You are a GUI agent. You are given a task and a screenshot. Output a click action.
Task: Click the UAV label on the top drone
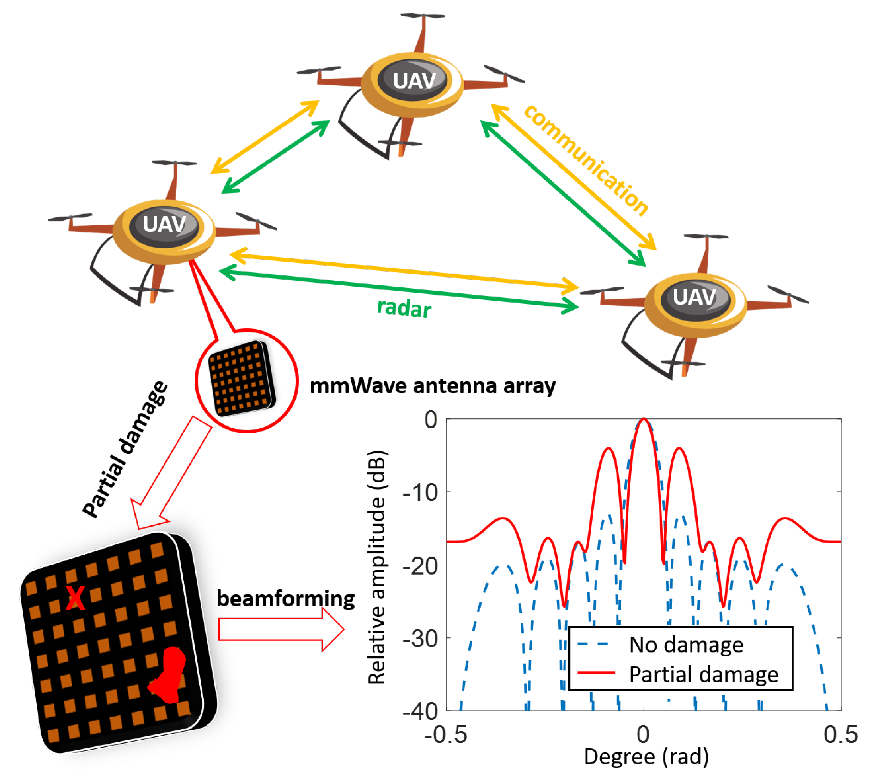[x=414, y=80]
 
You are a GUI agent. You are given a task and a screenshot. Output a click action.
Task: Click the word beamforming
[x=285, y=598]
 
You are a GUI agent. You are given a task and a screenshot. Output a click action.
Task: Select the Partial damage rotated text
[x=125, y=449]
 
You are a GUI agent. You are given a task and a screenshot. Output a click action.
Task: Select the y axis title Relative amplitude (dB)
[x=377, y=567]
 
